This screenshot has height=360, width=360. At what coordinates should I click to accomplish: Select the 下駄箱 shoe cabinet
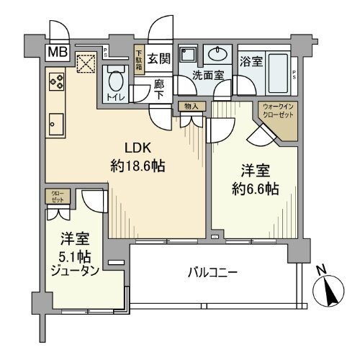click(x=139, y=57)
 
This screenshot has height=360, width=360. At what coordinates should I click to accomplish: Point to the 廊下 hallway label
click(x=159, y=87)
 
